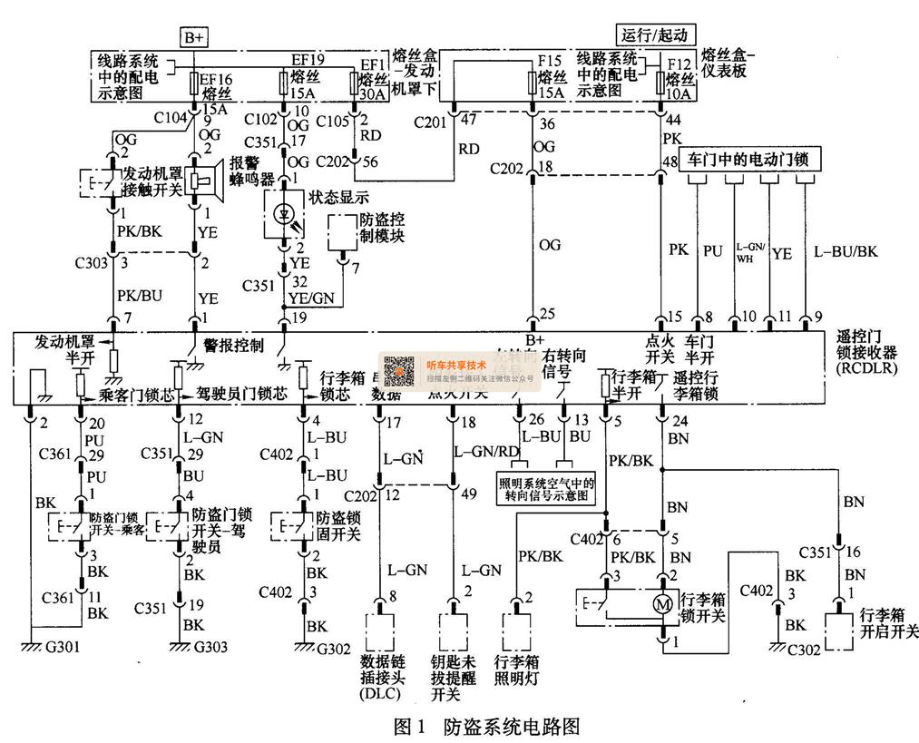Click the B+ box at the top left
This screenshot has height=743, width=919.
click(194, 37)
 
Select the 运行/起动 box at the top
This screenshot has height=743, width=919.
click(656, 35)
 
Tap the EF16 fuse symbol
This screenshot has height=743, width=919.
click(194, 84)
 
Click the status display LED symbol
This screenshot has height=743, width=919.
click(282, 214)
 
